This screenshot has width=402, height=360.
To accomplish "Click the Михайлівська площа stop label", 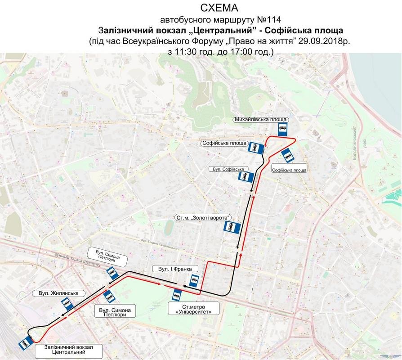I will pyautogui.click(x=261, y=120).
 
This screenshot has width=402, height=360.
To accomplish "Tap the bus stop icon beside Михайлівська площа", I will pyautogui.click(x=282, y=130).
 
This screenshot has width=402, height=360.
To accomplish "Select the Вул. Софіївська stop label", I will pyautogui.click(x=229, y=169).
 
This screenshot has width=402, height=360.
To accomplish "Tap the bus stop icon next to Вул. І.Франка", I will pyautogui.click(x=194, y=281).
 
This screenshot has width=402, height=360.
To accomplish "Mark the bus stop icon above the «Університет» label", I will pyautogui.click(x=177, y=295).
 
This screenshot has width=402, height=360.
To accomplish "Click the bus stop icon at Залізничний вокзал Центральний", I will pyautogui.click(x=24, y=344).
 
